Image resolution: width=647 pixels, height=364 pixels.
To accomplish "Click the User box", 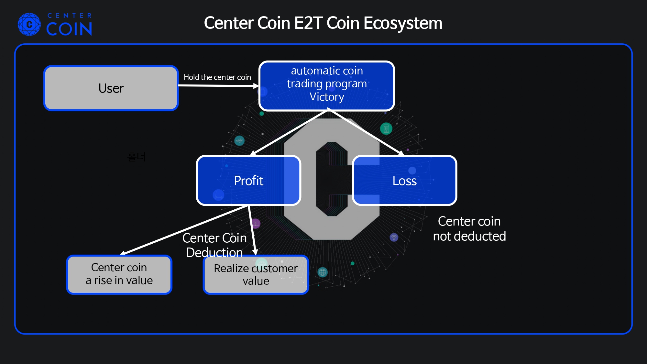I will pyautogui.click(x=111, y=88).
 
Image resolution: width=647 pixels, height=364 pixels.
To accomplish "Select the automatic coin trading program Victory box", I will pyautogui.click(x=326, y=86).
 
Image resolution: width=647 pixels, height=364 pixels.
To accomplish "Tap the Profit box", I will pyautogui.click(x=248, y=181).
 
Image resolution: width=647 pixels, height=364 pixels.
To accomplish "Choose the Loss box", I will pyautogui.click(x=404, y=181).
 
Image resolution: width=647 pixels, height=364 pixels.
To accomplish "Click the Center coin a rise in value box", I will pyautogui.click(x=119, y=274).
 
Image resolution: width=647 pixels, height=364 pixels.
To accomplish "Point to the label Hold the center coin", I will pyautogui.click(x=217, y=77).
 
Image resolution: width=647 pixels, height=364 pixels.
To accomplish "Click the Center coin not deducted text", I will pyautogui.click(x=469, y=229).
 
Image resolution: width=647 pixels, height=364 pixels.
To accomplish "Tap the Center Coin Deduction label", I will pyautogui.click(x=214, y=245).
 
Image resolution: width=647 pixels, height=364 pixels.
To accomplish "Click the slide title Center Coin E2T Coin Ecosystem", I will pyautogui.click(x=323, y=23).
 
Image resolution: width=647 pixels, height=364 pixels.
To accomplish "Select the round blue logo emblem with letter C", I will pyautogui.click(x=29, y=24).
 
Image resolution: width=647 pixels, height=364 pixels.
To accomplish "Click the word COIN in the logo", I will pyautogui.click(x=69, y=29).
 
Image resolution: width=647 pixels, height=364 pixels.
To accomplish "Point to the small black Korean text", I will pyautogui.click(x=136, y=157).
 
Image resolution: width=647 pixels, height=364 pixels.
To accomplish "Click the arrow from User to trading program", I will pyautogui.click(x=218, y=86).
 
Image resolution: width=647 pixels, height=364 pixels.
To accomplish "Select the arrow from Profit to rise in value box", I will pyautogui.click(x=184, y=230).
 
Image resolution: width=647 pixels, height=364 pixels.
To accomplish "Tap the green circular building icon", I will pyautogui.click(x=386, y=128).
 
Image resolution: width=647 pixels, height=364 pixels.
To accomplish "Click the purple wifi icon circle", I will pyautogui.click(x=394, y=237).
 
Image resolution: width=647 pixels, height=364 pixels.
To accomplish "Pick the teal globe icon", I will pyautogui.click(x=323, y=272).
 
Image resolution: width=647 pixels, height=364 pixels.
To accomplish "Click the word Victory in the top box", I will pyautogui.click(x=327, y=97).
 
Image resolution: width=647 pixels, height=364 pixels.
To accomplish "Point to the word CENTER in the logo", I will pyautogui.click(x=70, y=16).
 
